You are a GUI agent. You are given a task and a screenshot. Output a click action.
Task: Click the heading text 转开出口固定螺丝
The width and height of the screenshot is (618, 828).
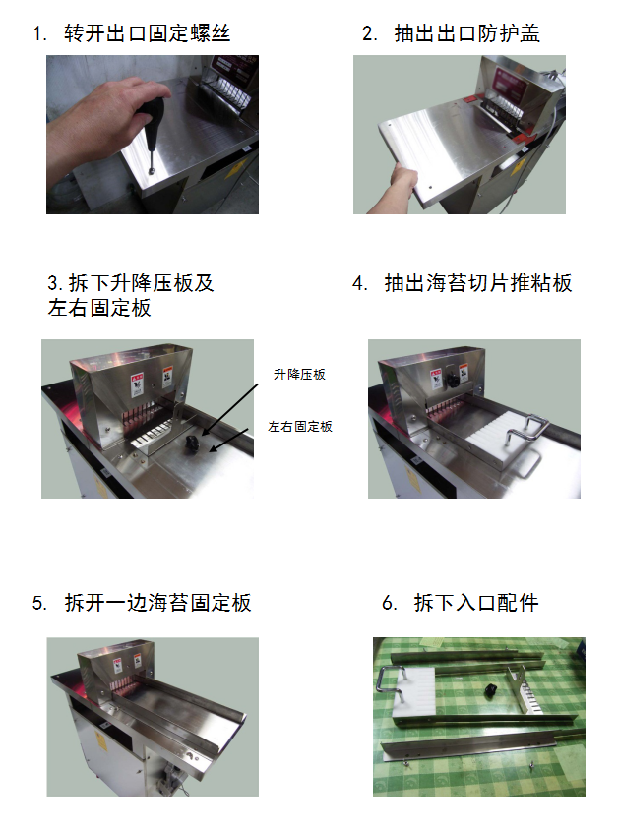pos(147,33)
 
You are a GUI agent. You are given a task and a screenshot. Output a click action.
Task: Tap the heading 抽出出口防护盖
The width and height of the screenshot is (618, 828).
pos(466,33)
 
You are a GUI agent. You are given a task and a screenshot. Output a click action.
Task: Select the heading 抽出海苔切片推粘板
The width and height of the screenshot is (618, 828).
pos(478,283)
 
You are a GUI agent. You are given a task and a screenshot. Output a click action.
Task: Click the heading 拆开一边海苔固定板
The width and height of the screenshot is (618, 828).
pos(157,603)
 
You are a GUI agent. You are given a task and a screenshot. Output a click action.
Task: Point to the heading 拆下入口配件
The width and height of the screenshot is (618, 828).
pos(476,603)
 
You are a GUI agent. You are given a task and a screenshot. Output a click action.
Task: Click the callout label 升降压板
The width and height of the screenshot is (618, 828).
pos(299,375)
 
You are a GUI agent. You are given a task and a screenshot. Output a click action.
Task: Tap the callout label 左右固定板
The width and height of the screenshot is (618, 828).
pos(300,426)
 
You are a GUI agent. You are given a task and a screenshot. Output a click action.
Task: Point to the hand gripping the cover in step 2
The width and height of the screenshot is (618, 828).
pos(398,188)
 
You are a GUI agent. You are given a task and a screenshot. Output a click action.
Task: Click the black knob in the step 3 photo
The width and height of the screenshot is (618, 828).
pos(191,444)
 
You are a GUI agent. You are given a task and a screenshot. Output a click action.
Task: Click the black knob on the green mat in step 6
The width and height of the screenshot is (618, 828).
pos(491,690)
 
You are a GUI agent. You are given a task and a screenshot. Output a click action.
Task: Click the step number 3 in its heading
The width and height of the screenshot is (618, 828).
pos(52,283)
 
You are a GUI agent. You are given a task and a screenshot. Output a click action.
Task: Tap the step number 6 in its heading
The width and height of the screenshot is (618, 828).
pos(389,603)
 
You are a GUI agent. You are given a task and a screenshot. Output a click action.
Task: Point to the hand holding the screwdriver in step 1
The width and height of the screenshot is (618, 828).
pos(100,127)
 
